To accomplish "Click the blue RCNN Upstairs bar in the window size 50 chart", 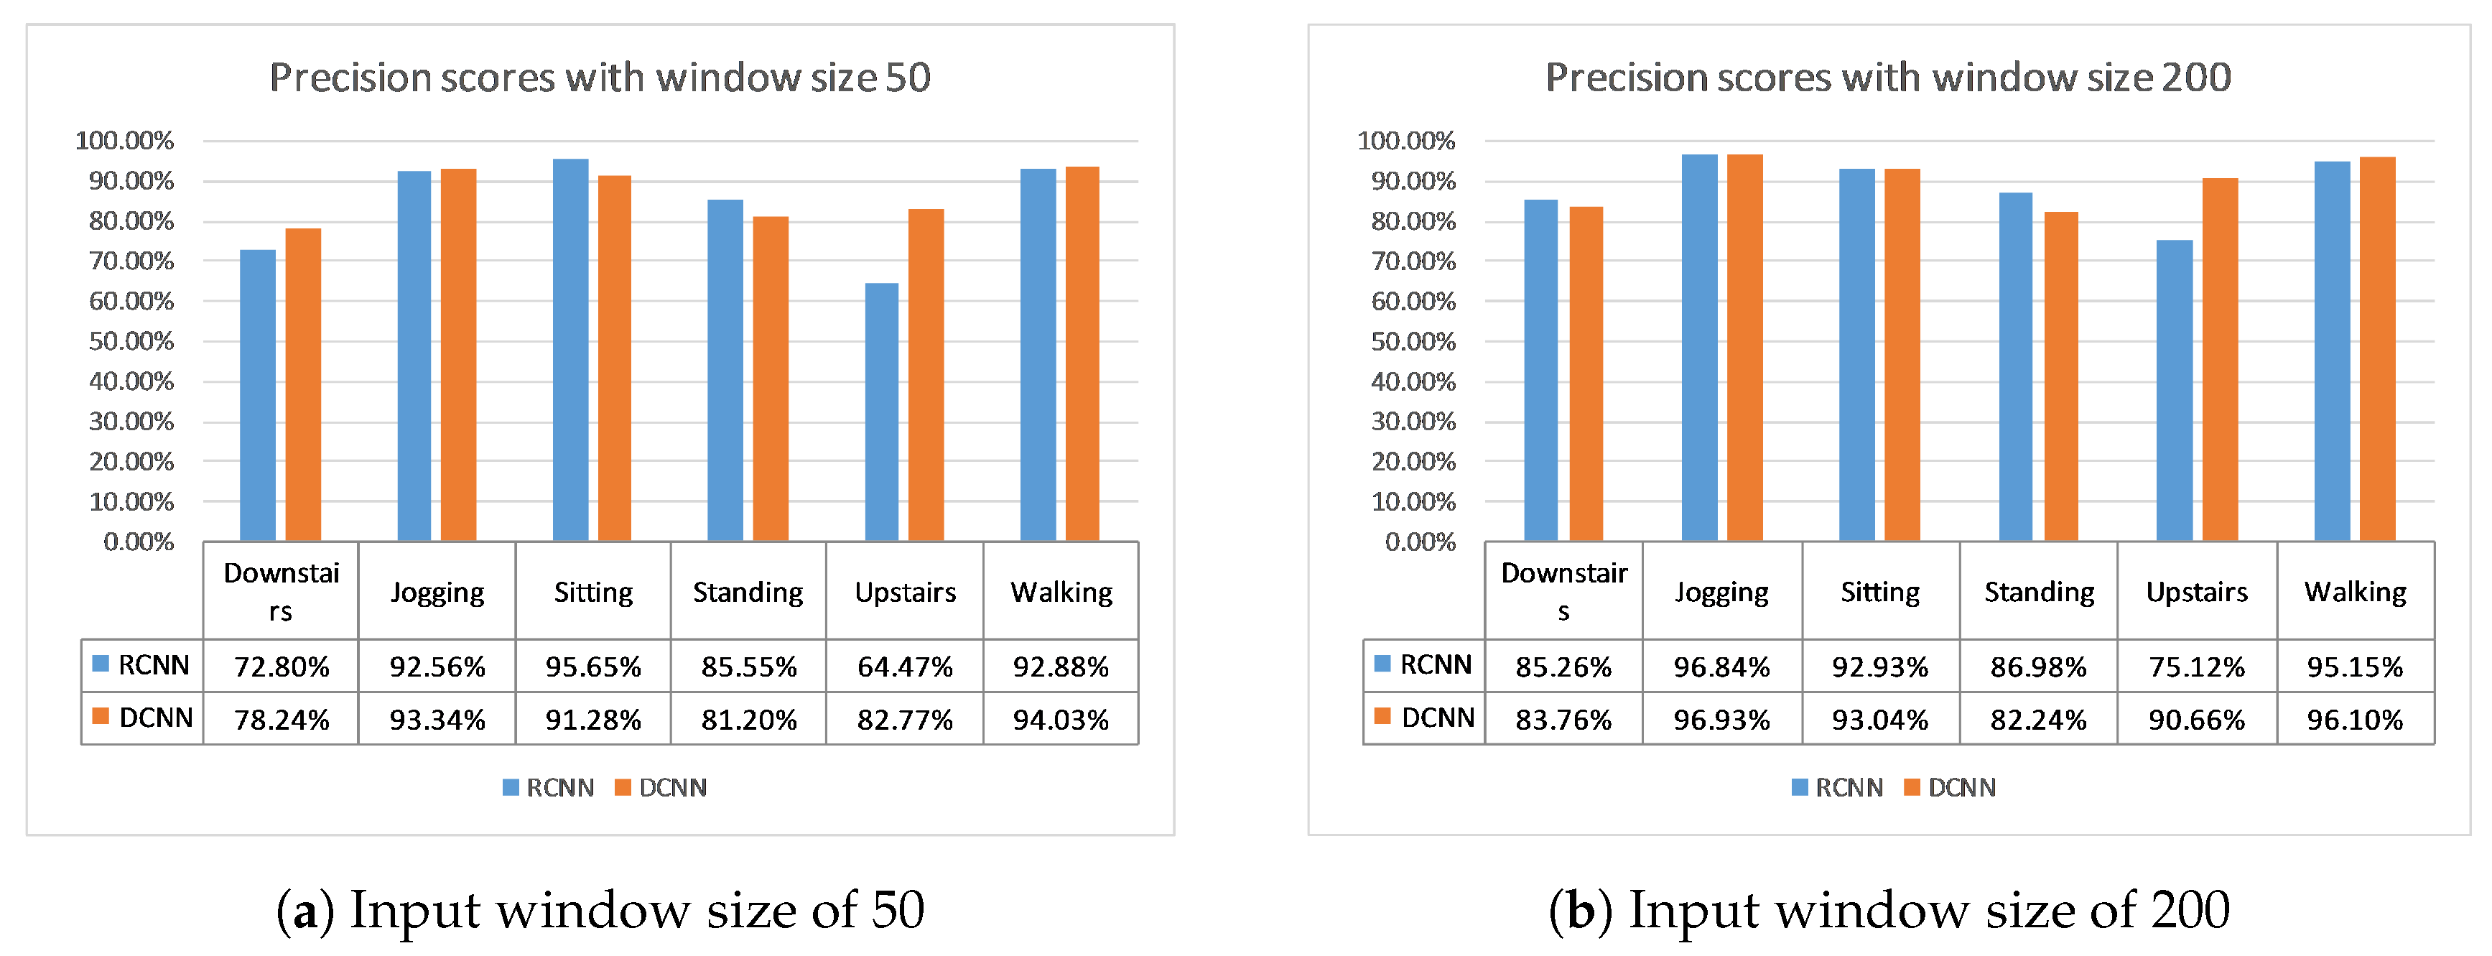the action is [x=881, y=412].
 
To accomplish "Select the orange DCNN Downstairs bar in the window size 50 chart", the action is [x=303, y=384].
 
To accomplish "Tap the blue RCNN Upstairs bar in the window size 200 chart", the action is [x=2175, y=390].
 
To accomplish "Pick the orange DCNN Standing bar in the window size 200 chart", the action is [x=2060, y=376].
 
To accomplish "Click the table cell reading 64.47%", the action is [x=904, y=667].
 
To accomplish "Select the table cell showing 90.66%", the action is [x=2197, y=720].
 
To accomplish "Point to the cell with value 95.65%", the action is [x=593, y=667].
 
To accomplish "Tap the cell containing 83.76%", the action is [x=1563, y=720].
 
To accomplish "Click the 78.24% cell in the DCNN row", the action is [x=282, y=720].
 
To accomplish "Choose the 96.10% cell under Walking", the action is [x=2356, y=720].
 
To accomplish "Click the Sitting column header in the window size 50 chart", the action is [x=593, y=591].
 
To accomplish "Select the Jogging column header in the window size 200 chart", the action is [x=1722, y=592].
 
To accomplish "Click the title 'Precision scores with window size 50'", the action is [x=600, y=78].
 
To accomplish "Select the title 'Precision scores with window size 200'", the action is [x=1888, y=78].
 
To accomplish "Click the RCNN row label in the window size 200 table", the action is [x=1424, y=665].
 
